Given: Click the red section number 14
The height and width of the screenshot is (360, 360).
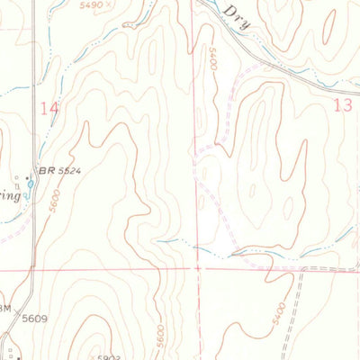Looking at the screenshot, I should click(50, 107).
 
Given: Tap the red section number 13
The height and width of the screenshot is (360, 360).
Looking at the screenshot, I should click(343, 105).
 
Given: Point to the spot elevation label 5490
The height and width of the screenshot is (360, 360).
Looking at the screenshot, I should click(91, 4).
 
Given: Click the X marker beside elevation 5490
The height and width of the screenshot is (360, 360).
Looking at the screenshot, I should click(110, 4).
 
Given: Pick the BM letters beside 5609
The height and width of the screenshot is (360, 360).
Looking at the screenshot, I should click(5, 309).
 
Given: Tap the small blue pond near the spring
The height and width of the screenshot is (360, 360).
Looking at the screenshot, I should click(30, 186).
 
